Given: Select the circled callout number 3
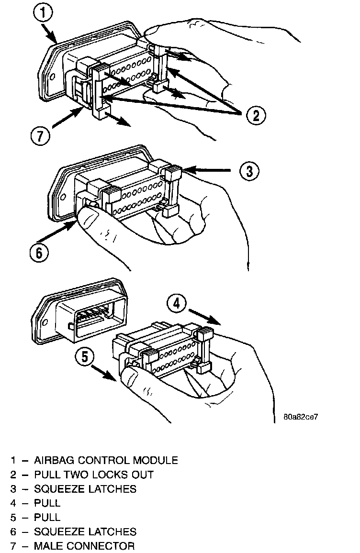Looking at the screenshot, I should [x=249, y=171].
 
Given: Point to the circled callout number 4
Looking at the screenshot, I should [x=177, y=304].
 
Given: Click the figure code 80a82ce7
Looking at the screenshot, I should [x=301, y=417].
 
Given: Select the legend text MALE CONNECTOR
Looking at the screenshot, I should [x=84, y=546].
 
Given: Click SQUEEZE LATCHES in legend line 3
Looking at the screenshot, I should [x=85, y=489].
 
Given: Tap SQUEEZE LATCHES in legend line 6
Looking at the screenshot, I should [x=85, y=531].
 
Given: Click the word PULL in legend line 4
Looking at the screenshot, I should [x=47, y=503].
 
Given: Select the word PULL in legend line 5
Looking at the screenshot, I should [x=47, y=517].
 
